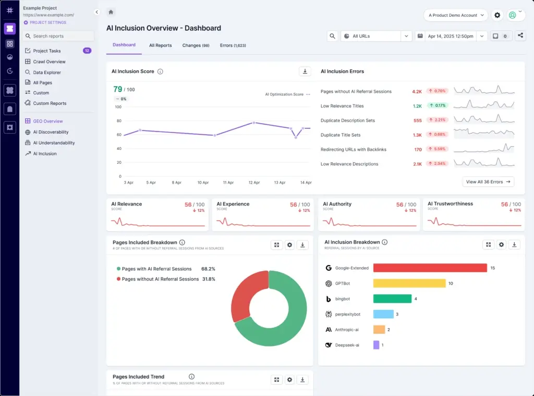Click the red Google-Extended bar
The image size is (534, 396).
[430, 268]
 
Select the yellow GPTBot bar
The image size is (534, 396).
[409, 283]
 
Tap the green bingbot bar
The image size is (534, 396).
[392, 298]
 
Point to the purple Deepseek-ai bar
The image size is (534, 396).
[376, 345]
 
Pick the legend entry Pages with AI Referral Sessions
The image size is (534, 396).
[156, 269]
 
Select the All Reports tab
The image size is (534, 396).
[160, 45]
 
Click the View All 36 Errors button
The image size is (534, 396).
[488, 182]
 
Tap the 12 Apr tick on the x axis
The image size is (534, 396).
[254, 183]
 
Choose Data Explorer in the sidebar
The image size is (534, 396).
[47, 73]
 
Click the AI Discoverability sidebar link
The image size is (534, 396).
[51, 132]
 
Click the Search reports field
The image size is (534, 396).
[59, 36]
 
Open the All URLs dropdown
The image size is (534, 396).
[377, 36]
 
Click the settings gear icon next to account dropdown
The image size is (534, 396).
[497, 15]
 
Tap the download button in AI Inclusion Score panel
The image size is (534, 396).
[305, 71]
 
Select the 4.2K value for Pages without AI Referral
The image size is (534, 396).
[417, 91]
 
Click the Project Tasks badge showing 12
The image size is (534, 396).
[87, 51]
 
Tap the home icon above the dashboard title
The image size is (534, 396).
[111, 12]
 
